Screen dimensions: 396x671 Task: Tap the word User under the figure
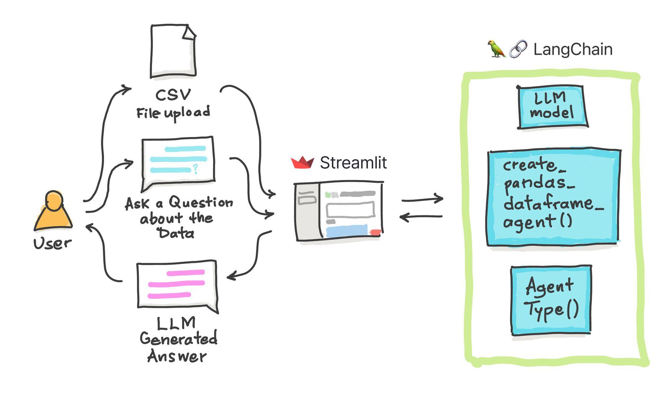click(52, 243)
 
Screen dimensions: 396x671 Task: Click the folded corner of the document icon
click(190, 32)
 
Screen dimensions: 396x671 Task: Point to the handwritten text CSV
click(173, 95)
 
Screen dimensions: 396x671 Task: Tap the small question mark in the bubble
click(195, 168)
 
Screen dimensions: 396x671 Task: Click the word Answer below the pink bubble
click(177, 356)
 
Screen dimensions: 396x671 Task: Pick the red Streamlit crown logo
click(302, 163)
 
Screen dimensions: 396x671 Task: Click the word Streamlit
click(353, 163)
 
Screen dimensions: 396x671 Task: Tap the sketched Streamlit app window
click(339, 211)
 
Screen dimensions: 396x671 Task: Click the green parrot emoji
click(496, 49)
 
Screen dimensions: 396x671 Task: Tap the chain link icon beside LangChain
click(518, 49)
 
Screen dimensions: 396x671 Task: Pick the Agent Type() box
click(551, 300)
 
